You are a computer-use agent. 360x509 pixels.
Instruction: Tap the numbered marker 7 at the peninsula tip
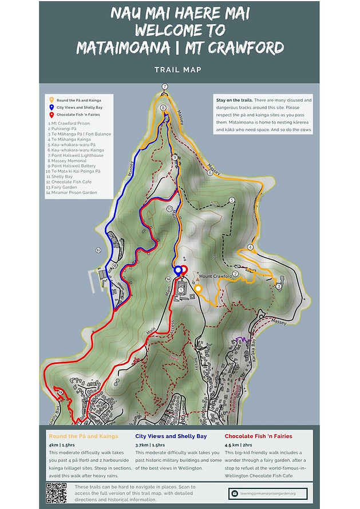point(164,86)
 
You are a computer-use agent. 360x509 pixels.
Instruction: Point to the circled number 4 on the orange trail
point(250,247)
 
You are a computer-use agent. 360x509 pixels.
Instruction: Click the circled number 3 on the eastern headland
point(278,285)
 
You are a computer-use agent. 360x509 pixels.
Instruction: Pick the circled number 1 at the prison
point(181,290)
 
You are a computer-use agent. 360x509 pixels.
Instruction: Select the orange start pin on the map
point(197,288)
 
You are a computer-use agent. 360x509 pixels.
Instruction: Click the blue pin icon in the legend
point(52,106)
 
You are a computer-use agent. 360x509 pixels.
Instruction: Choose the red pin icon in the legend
point(52,114)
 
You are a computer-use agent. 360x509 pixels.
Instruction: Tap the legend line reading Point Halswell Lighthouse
point(77,155)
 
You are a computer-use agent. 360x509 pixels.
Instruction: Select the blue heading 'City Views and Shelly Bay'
point(171,436)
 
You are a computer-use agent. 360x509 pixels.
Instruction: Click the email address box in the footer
point(268,493)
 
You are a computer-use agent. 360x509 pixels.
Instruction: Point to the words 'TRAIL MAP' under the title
point(179,70)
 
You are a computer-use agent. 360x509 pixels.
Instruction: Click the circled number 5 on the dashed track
point(232,200)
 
